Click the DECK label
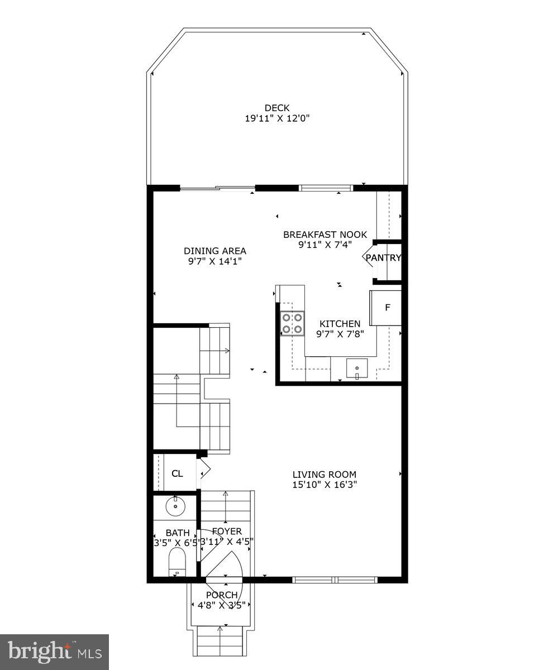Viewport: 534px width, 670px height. pos(277,108)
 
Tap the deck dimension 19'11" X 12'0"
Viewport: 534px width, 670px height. pos(277,118)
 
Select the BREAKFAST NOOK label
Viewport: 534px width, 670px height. pos(325,234)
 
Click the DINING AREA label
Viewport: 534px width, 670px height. pos(215,251)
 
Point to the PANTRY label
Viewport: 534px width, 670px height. pos(383,257)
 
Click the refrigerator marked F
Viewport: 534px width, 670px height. pos(387,308)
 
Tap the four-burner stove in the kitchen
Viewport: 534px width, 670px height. pos(293,323)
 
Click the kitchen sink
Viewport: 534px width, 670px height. pos(357,369)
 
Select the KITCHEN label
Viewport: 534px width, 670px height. pos(340,323)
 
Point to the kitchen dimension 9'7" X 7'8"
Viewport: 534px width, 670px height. pos(340,333)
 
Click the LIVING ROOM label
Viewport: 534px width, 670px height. pos(325,475)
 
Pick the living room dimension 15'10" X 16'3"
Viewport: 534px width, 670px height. pos(325,485)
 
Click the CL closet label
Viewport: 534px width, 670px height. pos(177,474)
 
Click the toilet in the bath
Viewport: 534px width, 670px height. pos(177,561)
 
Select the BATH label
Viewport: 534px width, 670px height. pos(178,533)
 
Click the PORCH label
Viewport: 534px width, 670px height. pos(222,595)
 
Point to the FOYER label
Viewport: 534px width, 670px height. pos(227,531)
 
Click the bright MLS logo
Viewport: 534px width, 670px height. pos(54,652)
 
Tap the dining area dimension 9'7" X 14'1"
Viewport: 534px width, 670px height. pos(215,261)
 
